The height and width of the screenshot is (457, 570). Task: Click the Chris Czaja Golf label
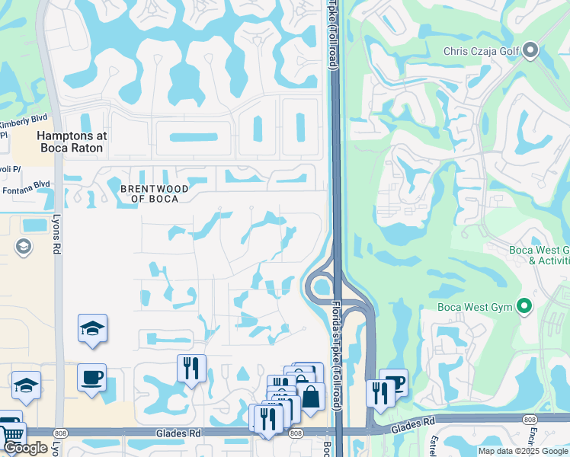[x=481, y=52]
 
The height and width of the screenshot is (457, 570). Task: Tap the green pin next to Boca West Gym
[x=524, y=307]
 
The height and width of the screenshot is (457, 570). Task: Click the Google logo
[x=25, y=448]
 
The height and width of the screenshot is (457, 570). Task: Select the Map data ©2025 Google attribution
[x=523, y=451]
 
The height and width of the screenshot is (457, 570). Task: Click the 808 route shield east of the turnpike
[x=530, y=419]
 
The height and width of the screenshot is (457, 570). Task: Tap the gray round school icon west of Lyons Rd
[x=23, y=247]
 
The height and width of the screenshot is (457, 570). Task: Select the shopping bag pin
[x=311, y=396]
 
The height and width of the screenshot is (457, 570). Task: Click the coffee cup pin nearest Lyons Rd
[x=91, y=377]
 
